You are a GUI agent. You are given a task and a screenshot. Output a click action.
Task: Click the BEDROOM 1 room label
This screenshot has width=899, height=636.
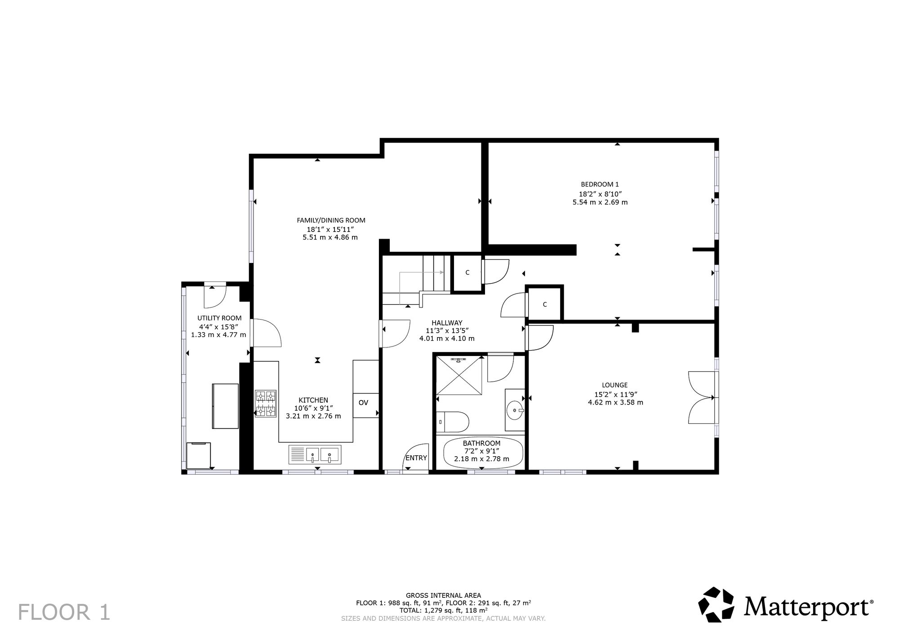[x=600, y=184]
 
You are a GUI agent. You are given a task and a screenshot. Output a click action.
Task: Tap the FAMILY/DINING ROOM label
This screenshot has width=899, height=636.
[x=331, y=220]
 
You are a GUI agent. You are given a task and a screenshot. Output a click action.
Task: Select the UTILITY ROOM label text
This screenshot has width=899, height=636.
[x=219, y=318]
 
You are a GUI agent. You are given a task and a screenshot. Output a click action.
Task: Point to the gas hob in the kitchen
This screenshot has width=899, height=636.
[x=266, y=403]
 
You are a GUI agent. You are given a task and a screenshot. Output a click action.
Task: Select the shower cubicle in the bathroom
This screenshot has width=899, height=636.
[x=459, y=375]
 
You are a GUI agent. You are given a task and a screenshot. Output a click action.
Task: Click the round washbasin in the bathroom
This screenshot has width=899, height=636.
[x=514, y=410]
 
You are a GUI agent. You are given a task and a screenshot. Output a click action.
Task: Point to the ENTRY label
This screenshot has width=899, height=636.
[x=416, y=458]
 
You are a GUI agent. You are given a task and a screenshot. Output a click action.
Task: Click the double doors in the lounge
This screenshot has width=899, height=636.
[x=702, y=397]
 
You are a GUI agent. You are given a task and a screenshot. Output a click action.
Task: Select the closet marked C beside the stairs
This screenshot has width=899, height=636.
[x=467, y=273]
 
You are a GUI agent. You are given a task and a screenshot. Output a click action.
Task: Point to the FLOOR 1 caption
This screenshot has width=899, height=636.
[x=64, y=613]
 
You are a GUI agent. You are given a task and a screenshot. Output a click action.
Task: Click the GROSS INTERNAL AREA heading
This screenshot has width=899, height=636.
[x=443, y=596]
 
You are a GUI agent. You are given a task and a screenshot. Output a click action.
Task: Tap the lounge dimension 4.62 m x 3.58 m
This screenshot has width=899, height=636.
[x=615, y=402]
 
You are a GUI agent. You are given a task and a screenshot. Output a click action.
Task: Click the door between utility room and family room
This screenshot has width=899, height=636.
[x=266, y=333]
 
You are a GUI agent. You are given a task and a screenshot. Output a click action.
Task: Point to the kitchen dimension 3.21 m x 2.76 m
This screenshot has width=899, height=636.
[x=313, y=416]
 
